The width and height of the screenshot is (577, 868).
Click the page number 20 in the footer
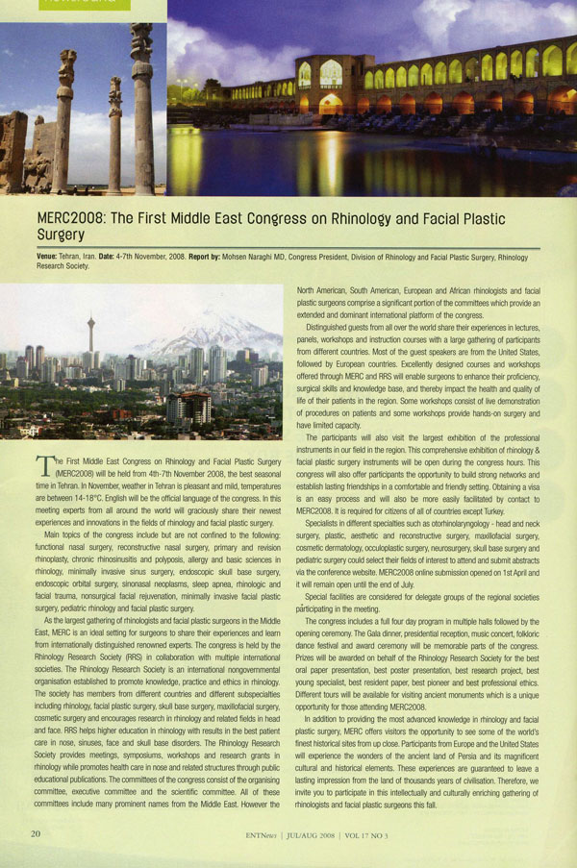(36, 833)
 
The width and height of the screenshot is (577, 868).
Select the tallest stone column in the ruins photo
(142, 96)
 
